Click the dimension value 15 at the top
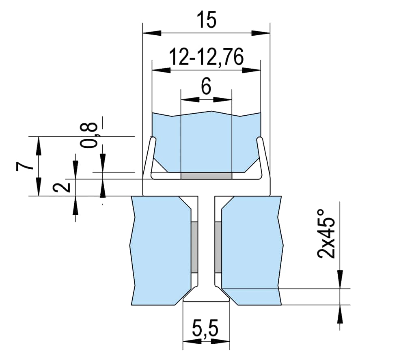[207, 20]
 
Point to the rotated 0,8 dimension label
[89, 135]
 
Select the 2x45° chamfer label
[326, 234]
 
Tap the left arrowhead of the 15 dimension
[152, 33]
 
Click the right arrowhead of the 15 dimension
[261, 33]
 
